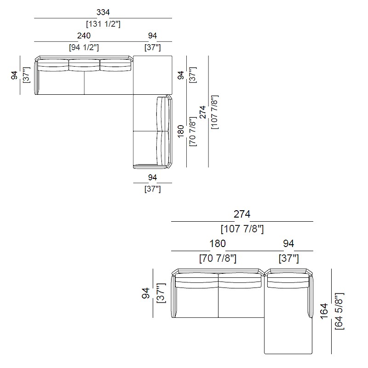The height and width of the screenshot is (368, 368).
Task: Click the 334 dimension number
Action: click(x=103, y=12)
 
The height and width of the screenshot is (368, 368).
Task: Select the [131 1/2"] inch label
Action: click(x=103, y=24)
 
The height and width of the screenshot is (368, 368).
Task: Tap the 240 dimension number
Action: click(x=84, y=36)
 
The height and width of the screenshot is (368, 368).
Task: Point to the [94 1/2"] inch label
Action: click(x=84, y=47)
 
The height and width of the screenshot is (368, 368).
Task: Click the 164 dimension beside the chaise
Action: click(x=324, y=311)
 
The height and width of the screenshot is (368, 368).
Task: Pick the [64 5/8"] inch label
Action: click(x=339, y=311)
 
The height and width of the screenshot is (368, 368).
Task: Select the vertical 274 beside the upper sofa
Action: click(x=202, y=112)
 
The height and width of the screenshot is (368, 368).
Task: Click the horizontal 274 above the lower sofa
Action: click(x=242, y=214)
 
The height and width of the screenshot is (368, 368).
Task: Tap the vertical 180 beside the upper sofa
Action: click(x=181, y=131)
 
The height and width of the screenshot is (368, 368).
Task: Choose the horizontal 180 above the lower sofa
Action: click(x=218, y=244)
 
